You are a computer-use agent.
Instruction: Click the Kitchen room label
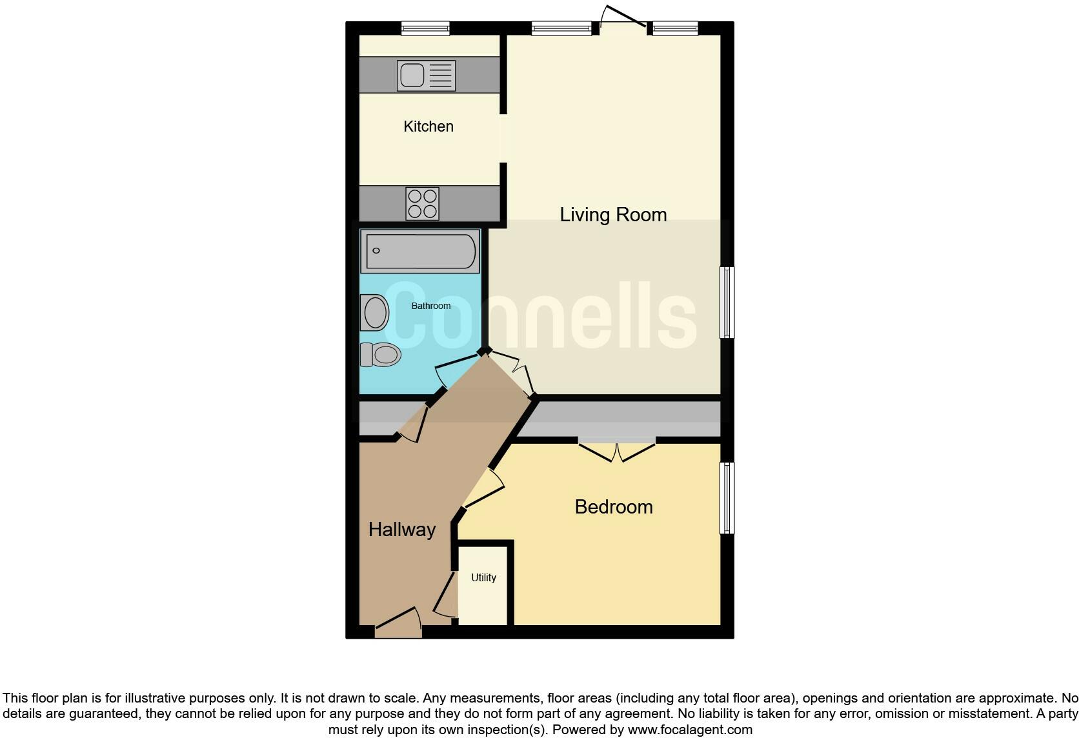tap(429, 126)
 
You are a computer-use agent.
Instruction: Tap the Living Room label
tap(613, 214)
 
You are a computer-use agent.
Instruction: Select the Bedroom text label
tap(614, 507)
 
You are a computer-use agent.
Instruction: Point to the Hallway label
tap(402, 530)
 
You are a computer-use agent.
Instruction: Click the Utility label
tap(483, 578)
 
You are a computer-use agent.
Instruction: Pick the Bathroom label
tap(431, 306)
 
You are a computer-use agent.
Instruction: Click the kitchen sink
tap(426, 75)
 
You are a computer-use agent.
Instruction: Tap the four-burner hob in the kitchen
tap(423, 203)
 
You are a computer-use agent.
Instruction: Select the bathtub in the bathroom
tap(420, 251)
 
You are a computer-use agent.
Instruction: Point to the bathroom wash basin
tap(374, 313)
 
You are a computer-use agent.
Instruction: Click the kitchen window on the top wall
tap(425, 28)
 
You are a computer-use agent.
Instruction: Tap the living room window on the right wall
tap(727, 303)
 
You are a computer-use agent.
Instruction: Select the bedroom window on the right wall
tap(727, 497)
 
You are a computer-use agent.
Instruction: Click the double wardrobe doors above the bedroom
tap(617, 451)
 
